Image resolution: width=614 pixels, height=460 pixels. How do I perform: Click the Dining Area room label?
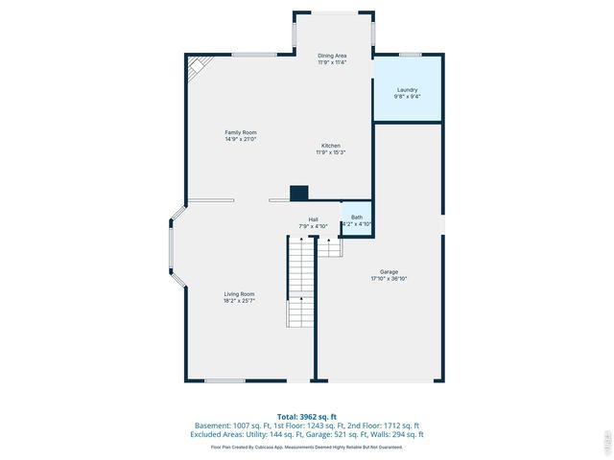(332, 56)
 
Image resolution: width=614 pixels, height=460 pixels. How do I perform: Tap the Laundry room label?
(407, 90)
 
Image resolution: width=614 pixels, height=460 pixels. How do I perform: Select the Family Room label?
(240, 132)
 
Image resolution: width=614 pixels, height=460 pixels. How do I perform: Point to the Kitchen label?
(331, 146)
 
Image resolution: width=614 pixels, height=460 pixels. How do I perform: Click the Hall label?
(313, 219)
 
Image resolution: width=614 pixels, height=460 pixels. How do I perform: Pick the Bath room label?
(357, 218)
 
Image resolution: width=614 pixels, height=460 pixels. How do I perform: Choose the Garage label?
(389, 272)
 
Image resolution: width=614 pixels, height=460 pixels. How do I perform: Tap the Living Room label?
(240, 294)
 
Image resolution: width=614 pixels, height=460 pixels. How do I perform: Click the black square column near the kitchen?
(298, 193)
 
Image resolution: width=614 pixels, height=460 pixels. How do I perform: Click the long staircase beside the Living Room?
(300, 282)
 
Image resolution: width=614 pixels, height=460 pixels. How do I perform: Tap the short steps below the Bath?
(329, 246)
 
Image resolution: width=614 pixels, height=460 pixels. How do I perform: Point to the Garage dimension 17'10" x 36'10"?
(389, 279)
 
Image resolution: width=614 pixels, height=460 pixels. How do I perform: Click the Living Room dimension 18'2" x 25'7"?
(240, 301)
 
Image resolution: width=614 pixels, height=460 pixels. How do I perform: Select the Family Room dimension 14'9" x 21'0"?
(240, 139)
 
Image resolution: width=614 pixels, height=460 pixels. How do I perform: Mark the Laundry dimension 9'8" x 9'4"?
(407, 97)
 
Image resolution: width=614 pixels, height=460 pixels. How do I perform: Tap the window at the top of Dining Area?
(332, 12)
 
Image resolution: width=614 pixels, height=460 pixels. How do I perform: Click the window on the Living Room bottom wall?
(224, 381)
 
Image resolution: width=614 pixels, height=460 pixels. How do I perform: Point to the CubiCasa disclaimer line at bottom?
(306, 447)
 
